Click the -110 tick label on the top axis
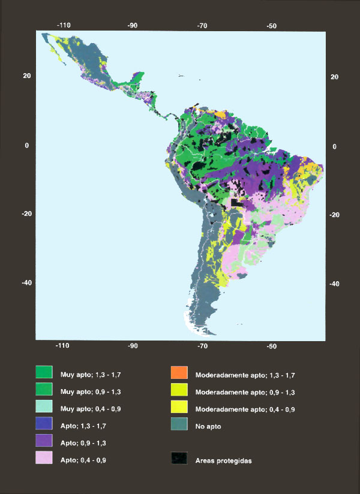coord(64,26)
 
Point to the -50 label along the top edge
coord(271,26)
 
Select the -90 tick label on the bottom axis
coord(133,347)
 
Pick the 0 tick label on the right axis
coord(334,146)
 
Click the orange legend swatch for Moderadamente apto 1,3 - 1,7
coord(180,374)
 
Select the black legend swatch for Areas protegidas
coord(180,460)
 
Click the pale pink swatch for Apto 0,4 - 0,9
coord(44,460)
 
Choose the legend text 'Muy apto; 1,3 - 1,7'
coord(88,375)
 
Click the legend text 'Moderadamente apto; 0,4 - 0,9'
coord(245,409)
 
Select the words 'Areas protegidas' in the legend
coord(224,460)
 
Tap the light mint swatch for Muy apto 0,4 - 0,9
coord(44,408)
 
